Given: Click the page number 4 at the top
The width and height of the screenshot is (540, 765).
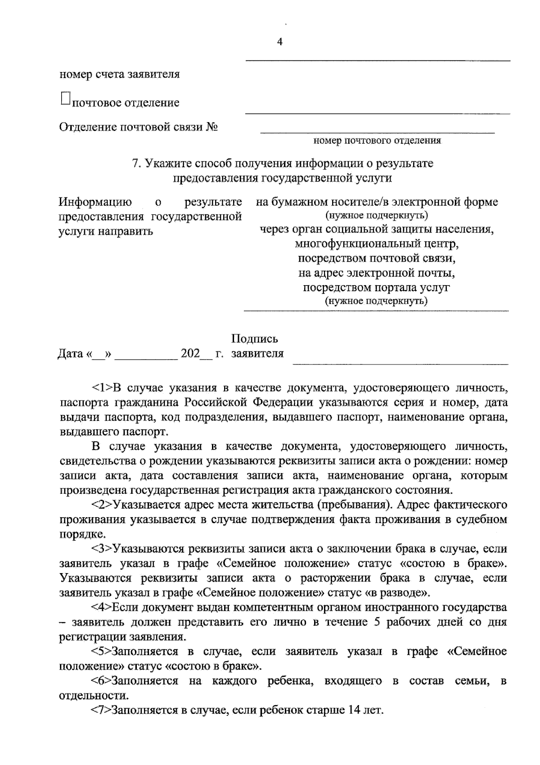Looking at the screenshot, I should coord(279,42).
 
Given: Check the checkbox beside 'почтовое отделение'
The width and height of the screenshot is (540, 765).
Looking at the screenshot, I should coord(65,99).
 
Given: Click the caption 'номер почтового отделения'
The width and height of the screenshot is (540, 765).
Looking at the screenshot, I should coord(377,141).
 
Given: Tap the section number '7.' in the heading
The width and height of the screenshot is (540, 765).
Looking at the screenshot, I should coord(137,163).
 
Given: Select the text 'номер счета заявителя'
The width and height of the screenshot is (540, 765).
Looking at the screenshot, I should coord(120,74).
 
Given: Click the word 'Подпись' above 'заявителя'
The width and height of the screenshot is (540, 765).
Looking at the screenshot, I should coord(255,338).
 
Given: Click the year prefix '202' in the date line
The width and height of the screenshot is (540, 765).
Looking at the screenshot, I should coord(190,353).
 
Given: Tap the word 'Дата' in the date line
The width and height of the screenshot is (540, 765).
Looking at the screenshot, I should coord(71,354).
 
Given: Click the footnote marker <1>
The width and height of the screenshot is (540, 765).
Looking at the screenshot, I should coord(102,387).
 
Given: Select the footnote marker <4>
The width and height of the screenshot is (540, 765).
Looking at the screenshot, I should coord(102,607).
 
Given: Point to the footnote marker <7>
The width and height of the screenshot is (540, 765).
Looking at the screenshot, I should coord(101,710).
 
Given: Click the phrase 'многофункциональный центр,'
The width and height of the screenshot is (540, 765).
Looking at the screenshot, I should coord(377,244).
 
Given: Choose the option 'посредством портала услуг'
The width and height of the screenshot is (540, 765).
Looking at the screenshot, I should coord(377,287).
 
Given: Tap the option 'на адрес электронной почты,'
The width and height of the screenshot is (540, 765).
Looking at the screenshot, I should coord(377,273).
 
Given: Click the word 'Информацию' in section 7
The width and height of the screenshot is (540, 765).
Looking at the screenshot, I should coord(95,202).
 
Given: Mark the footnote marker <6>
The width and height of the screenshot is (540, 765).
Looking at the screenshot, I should coord(101,681).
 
